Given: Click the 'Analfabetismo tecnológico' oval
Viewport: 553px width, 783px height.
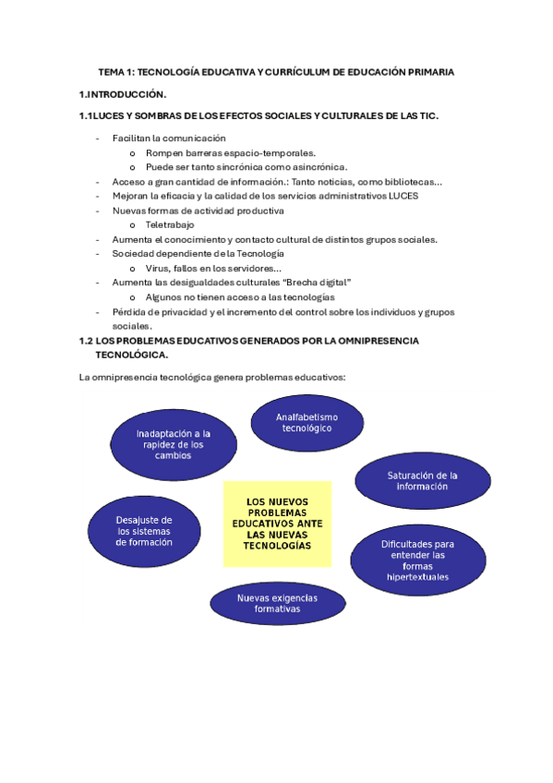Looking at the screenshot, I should click(x=307, y=423).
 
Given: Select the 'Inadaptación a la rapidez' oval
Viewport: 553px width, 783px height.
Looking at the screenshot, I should click(x=174, y=444).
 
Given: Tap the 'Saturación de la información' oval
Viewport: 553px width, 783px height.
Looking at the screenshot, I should click(x=422, y=480).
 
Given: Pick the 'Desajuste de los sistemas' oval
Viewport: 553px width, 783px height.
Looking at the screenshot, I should click(x=144, y=531).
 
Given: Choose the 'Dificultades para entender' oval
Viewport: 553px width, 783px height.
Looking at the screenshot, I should click(x=417, y=560).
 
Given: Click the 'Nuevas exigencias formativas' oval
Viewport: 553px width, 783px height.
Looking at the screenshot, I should click(x=277, y=604).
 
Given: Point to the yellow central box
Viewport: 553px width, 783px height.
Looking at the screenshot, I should click(x=277, y=524).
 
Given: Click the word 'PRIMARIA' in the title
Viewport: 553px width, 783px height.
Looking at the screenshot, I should click(x=426, y=72).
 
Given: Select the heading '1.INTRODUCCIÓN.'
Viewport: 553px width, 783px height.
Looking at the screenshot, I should click(x=123, y=94).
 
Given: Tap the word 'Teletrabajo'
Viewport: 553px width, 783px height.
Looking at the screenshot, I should click(x=170, y=224).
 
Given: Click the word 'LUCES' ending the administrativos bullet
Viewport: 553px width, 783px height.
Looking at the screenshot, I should click(x=403, y=196).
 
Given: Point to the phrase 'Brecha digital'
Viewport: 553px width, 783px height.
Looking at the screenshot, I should click(x=321, y=282).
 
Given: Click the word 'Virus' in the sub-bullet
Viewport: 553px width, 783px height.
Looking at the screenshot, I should click(x=157, y=268).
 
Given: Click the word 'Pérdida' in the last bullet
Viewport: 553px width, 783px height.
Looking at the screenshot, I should click(x=129, y=312).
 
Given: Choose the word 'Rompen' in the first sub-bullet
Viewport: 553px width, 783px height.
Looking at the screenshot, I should click(x=163, y=153).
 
